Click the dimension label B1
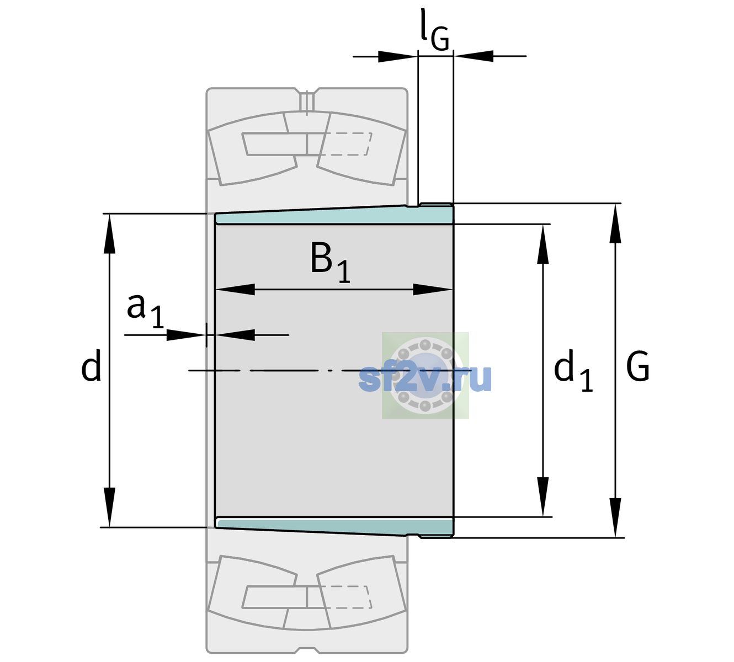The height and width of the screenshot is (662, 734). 330,261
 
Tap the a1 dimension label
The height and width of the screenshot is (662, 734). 145,311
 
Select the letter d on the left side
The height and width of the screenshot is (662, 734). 91,365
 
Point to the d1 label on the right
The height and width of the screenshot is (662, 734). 573,370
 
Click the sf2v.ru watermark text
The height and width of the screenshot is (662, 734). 425,378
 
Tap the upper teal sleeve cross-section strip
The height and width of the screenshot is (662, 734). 334,216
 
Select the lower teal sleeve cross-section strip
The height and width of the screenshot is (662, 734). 334,527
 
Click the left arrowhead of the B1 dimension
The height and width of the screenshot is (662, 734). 235,289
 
